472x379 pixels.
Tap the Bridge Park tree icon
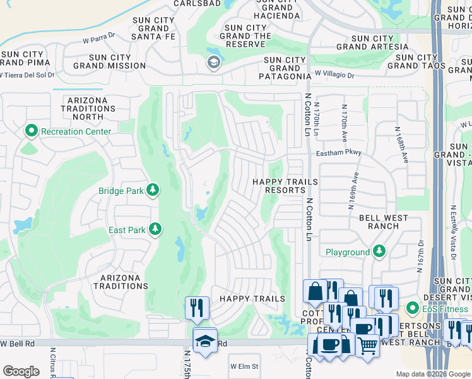point(152,189)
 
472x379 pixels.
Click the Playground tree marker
point(379,252)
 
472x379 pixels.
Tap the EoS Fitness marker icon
point(413,308)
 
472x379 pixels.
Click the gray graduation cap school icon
point(213,62)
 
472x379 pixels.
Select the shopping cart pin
point(367,345)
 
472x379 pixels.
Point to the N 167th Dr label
point(419,255)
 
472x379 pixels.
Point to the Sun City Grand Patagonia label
point(285,69)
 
